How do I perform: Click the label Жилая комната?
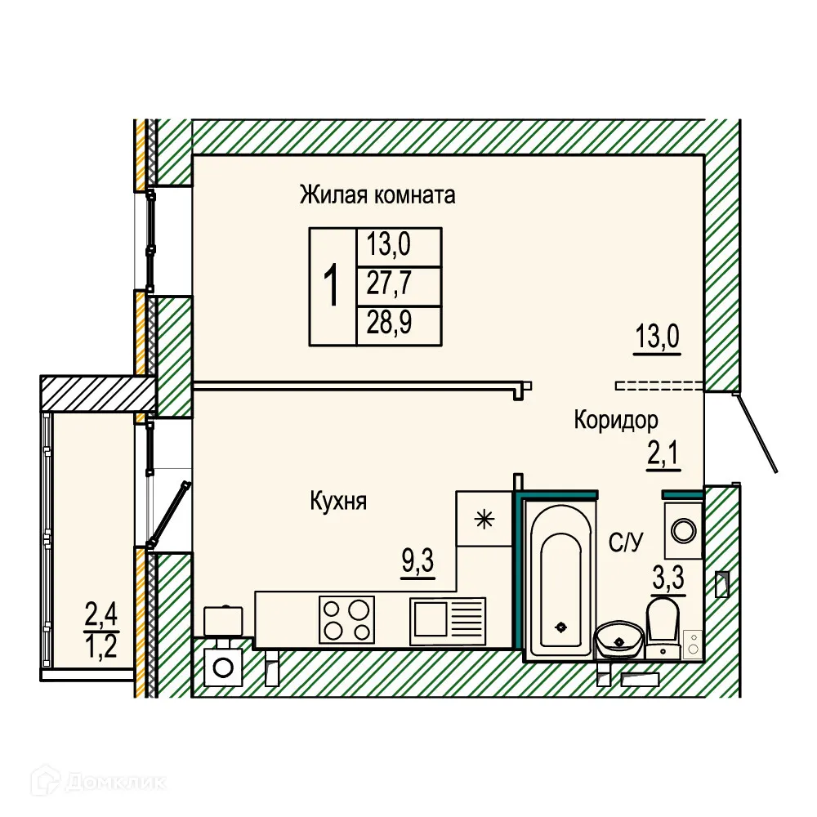tap(377, 196)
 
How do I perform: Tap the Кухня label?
tap(338, 501)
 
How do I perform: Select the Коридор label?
tap(615, 421)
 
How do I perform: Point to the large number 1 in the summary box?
tap(333, 286)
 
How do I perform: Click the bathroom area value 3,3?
tap(667, 581)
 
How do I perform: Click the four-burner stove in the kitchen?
tap(346, 618)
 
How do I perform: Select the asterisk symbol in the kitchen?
tap(484, 518)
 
